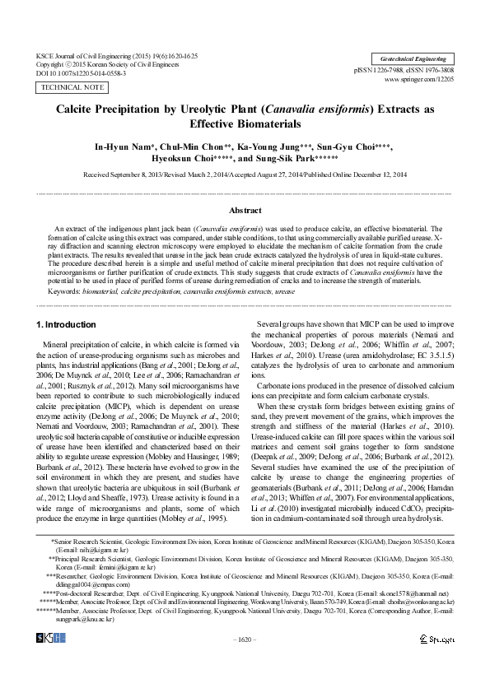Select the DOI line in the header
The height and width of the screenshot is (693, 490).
pos(82,72)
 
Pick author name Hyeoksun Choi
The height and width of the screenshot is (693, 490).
pos(187,160)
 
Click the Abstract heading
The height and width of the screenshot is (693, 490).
pos(245,211)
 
